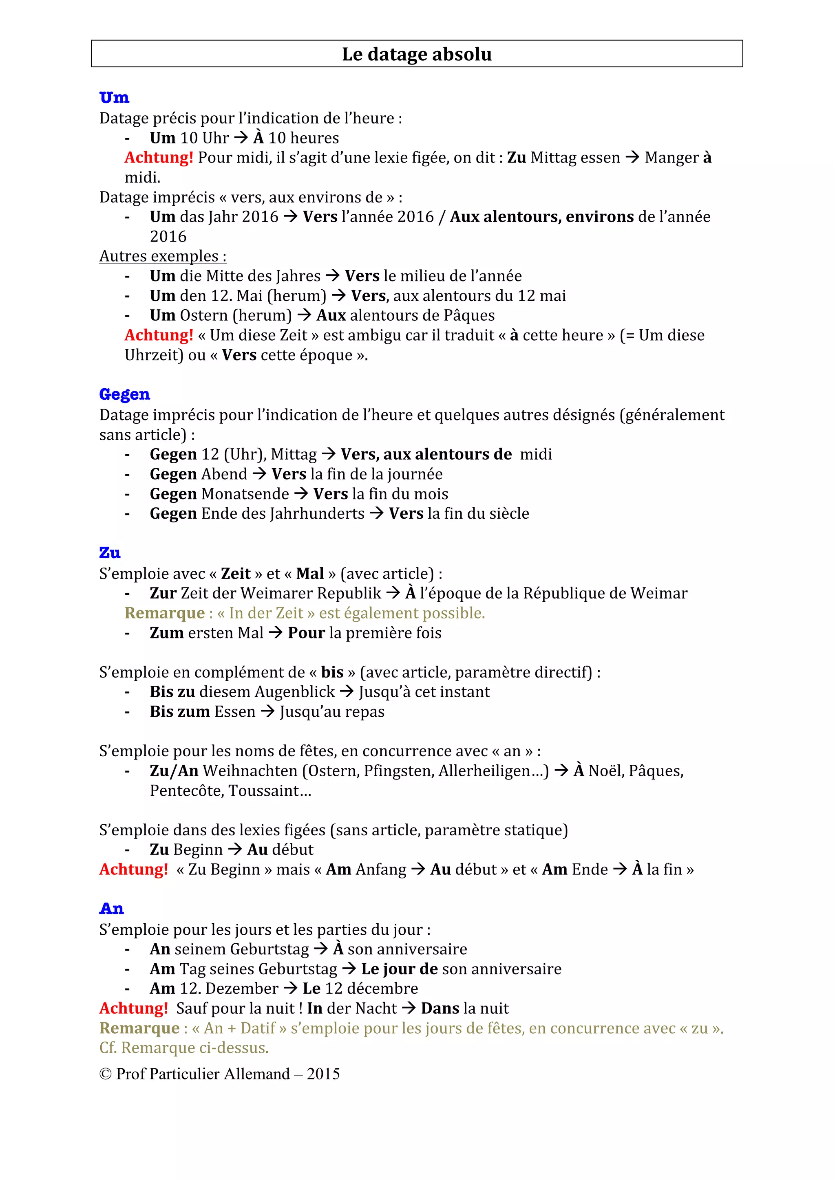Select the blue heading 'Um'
pos(114,97)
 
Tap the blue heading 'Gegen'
pos(124,394)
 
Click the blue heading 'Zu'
pos(110,553)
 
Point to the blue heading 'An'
pos(112,909)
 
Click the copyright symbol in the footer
pos(106,1074)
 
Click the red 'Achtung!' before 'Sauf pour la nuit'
pos(134,1008)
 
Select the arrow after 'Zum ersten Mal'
pos(276,633)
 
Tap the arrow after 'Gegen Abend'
pos(259,474)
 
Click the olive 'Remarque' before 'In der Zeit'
pos(165,613)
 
